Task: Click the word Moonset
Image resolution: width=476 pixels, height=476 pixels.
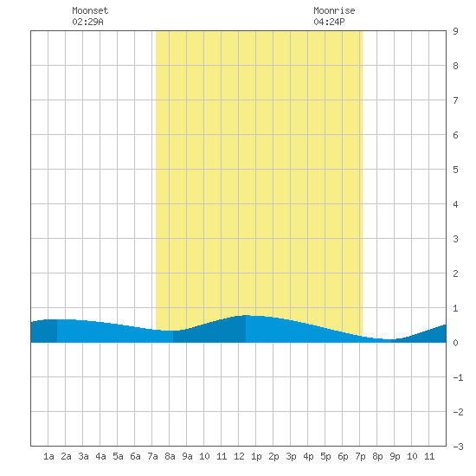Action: pos(90,10)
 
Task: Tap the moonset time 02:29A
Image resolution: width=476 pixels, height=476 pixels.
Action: pos(87,22)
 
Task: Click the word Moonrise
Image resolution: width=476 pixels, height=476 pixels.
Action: pos(334,10)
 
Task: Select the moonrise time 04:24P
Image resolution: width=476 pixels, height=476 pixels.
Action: pos(329,22)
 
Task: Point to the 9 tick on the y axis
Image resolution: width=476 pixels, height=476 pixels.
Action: pos(455,31)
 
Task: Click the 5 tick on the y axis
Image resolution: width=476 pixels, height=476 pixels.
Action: pos(455,170)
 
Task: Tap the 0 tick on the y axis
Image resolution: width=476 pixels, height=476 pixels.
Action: pos(455,343)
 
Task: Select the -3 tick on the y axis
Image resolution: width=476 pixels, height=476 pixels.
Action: pos(458,447)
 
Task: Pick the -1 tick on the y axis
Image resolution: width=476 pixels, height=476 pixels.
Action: pos(458,377)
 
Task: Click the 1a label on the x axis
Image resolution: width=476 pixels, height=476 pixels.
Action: pos(48,456)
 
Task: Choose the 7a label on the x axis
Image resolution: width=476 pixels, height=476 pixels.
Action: pos(152,456)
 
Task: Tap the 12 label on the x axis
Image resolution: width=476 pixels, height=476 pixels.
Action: pos(239,456)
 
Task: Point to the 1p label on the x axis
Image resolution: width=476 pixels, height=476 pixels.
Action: pos(256,456)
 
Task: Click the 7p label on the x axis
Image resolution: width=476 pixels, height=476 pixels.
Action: pos(360,456)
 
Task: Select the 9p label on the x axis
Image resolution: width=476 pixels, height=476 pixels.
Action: pos(395,456)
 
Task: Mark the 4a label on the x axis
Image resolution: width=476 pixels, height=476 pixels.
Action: pos(100,456)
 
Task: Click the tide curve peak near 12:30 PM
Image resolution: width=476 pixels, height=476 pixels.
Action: pos(247,315)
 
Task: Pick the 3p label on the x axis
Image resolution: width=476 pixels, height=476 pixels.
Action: pos(291,456)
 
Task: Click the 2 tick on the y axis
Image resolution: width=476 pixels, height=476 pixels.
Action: pos(455,273)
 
